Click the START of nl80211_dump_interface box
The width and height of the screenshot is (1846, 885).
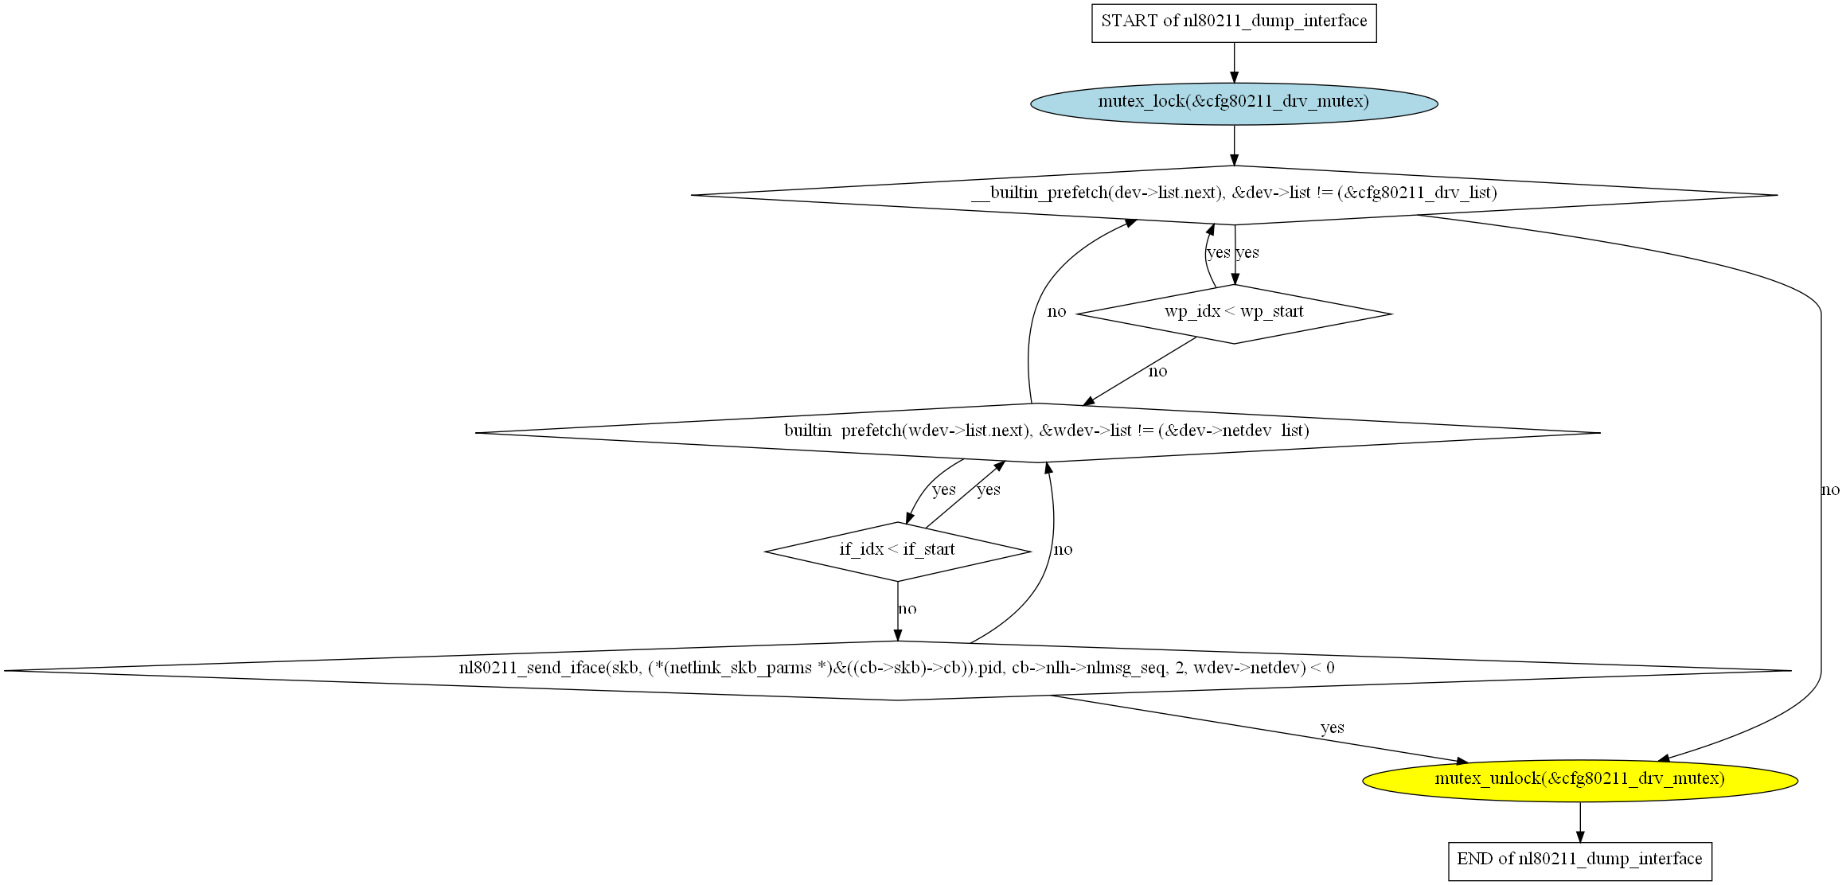pos(1234,23)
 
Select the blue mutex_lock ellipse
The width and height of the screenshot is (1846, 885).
pos(1234,103)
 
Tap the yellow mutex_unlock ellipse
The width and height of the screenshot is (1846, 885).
pos(1580,780)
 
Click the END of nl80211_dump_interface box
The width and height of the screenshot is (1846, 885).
pos(1580,861)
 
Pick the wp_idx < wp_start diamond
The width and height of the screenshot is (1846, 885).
pos(1234,314)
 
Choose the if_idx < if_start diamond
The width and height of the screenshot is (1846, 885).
pos(898,552)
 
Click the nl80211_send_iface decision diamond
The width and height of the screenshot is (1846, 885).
pos(898,671)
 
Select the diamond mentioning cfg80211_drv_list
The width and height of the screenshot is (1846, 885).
pos(1234,195)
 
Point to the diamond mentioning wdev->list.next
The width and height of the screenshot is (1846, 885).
pos(1037,433)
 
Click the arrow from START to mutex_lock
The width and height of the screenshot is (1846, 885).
pos(1234,63)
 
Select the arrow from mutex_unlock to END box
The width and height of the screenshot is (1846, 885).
pos(1580,821)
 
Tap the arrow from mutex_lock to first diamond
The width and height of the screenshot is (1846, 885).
pos(1234,145)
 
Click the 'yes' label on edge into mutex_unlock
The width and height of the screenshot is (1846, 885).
pos(1332,727)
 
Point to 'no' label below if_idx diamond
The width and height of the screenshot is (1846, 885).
pos(907,609)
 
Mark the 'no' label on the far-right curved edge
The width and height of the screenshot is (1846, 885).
pos(1830,490)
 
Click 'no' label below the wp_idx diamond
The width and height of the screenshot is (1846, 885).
pos(1158,372)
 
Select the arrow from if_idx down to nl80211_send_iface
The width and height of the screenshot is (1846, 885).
pos(898,611)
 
